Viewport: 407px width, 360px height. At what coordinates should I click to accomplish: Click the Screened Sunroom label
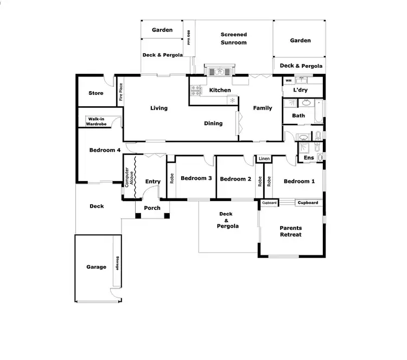[x=234, y=38]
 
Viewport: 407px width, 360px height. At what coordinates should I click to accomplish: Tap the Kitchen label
[x=220, y=90]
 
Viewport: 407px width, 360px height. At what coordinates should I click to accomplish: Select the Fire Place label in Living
[x=120, y=92]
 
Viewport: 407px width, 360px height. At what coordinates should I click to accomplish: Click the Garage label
[x=96, y=267]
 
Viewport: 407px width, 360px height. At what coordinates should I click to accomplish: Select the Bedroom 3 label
[x=196, y=178]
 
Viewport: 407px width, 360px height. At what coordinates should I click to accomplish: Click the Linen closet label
[x=264, y=159]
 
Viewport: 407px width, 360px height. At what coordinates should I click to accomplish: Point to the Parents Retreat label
[x=290, y=232]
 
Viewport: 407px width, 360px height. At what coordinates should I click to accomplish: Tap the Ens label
[x=309, y=158]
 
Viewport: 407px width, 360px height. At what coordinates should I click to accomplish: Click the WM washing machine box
[x=289, y=81]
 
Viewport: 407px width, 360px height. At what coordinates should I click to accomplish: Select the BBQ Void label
[x=189, y=37]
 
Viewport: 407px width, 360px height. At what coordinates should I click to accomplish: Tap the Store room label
[x=96, y=93]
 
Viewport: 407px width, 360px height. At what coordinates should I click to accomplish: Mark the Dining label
[x=213, y=123]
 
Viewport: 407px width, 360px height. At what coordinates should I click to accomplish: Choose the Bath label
[x=298, y=115]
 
